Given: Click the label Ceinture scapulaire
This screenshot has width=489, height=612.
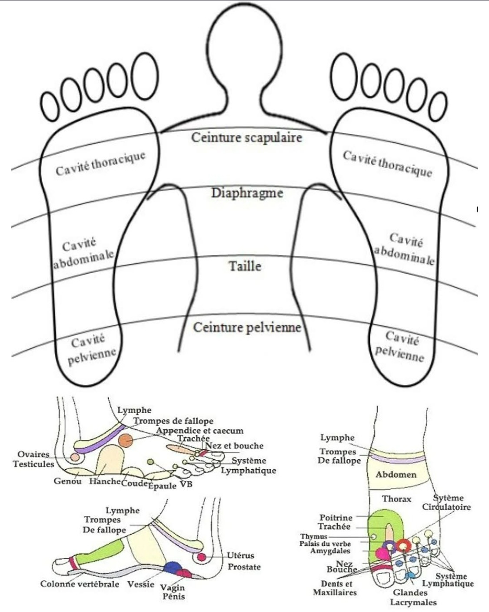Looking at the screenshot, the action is [246, 137].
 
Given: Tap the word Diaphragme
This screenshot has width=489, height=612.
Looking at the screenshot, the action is [247, 194].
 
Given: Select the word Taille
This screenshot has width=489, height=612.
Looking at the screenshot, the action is [245, 267].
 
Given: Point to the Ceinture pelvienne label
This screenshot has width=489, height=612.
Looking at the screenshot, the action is [247, 328].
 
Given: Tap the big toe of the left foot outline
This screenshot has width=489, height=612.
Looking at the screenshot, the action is [146, 76].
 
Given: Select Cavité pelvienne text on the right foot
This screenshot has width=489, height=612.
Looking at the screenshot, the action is [400, 346].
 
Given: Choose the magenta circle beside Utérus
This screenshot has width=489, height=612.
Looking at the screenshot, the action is [202, 557].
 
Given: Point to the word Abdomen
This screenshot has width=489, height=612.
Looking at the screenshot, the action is [396, 474].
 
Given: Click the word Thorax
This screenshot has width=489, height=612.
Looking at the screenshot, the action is [396, 499].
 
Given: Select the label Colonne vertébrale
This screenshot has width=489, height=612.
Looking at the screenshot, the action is [80, 584].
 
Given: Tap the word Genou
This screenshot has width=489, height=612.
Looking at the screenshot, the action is [68, 481].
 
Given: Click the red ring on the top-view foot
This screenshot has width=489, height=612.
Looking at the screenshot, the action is [403, 545].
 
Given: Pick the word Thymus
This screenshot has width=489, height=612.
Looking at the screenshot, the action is [314, 537].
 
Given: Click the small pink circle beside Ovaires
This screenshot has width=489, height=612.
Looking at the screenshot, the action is [74, 457].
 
